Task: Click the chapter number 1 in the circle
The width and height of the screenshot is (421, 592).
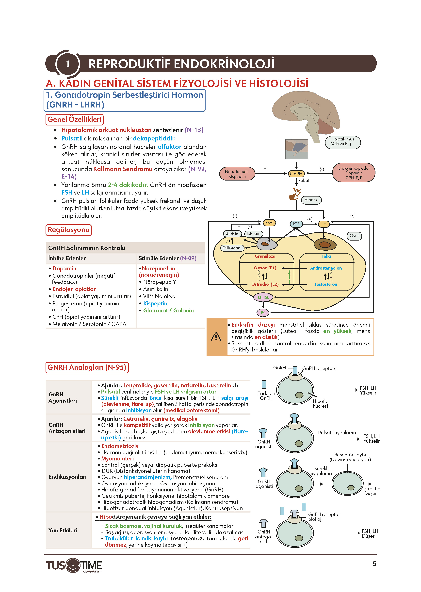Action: click(x=68, y=64)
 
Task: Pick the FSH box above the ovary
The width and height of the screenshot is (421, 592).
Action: click(x=269, y=223)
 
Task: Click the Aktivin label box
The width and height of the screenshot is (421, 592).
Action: click(x=232, y=234)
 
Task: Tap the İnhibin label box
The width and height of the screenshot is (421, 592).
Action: click(x=253, y=234)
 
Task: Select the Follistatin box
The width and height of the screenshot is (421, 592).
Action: click(x=231, y=248)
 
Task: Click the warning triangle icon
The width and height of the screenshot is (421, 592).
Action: click(x=216, y=337)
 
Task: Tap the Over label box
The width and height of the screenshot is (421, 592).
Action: click(x=354, y=236)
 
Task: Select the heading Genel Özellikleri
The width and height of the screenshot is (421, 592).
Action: click(x=74, y=119)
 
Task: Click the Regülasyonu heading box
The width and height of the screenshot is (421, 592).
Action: click(x=68, y=230)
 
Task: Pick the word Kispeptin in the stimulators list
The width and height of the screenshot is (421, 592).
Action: click(x=155, y=303)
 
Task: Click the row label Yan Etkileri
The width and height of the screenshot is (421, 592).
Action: click(x=63, y=530)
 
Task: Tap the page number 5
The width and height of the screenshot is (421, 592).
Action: click(x=374, y=564)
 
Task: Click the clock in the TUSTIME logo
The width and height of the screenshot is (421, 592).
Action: click(x=73, y=565)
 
